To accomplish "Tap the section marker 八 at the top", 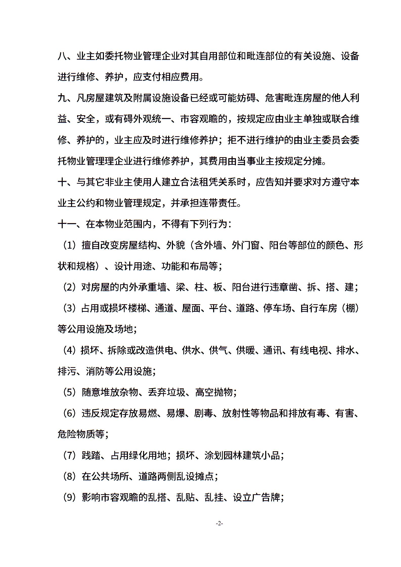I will [62, 56].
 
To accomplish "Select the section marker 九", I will [62, 98].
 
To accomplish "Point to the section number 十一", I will [67, 224].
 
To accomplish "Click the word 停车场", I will [277, 308].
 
